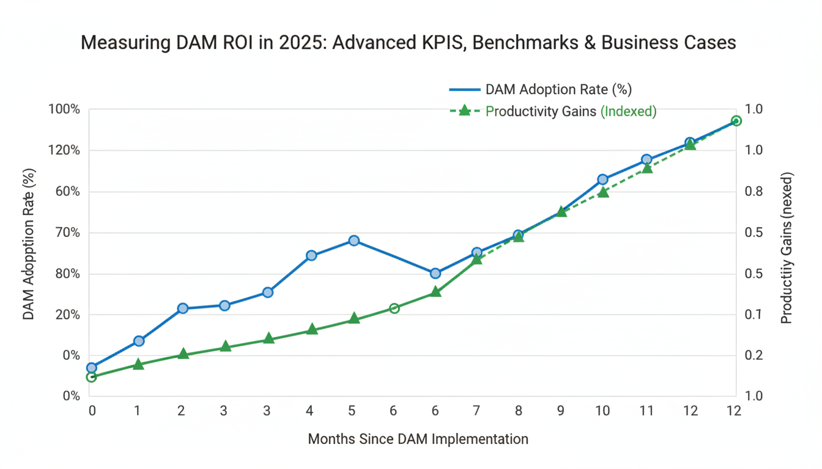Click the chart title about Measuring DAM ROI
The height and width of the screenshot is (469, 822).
tap(409, 43)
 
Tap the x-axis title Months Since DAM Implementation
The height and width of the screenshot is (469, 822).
tap(418, 438)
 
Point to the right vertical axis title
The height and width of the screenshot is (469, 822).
tap(787, 247)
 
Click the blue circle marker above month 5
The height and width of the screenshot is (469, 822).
tap(354, 241)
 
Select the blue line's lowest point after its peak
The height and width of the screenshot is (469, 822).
tap(435, 274)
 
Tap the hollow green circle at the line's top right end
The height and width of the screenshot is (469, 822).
tap(736, 121)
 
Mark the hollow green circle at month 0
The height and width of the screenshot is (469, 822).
tap(92, 377)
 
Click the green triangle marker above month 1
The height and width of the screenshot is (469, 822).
tap(138, 365)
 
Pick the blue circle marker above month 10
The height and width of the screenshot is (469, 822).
tap(602, 180)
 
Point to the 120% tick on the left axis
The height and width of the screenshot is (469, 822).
tap(64, 151)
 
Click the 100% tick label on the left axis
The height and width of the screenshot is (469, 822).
tap(64, 110)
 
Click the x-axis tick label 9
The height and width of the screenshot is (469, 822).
tap(560, 411)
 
